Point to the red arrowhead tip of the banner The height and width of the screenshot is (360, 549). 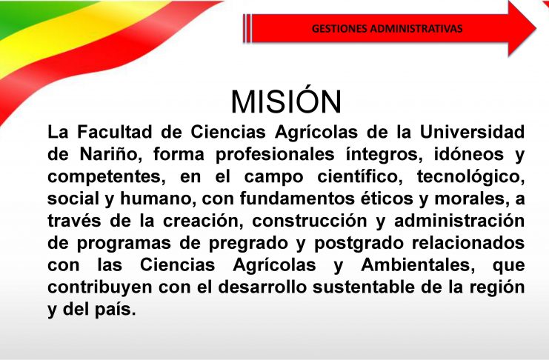536,28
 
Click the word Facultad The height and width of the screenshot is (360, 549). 115,132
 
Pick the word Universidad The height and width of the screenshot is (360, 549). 472,132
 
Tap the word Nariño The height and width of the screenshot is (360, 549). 110,154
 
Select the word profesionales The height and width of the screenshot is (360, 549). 275,154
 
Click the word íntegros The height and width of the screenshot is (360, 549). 384,154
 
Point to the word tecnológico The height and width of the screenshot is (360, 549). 471,177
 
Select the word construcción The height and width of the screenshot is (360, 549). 310,221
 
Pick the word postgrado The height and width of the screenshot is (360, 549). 359,244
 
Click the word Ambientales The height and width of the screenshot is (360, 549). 418,265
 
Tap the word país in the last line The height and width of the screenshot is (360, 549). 115,310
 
